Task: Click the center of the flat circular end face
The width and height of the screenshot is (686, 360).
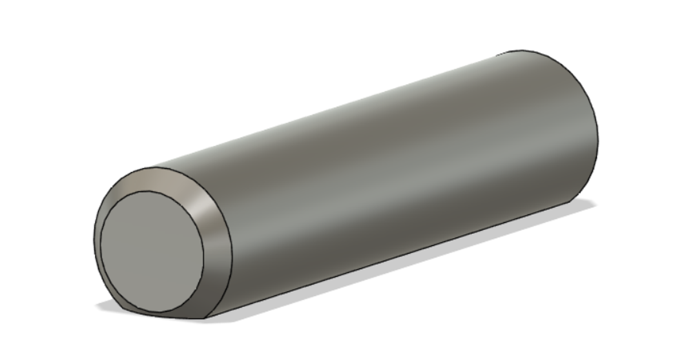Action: pos(152,252)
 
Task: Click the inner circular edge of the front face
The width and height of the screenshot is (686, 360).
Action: pos(204,251)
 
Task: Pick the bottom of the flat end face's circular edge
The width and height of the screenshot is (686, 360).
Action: pos(160,312)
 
